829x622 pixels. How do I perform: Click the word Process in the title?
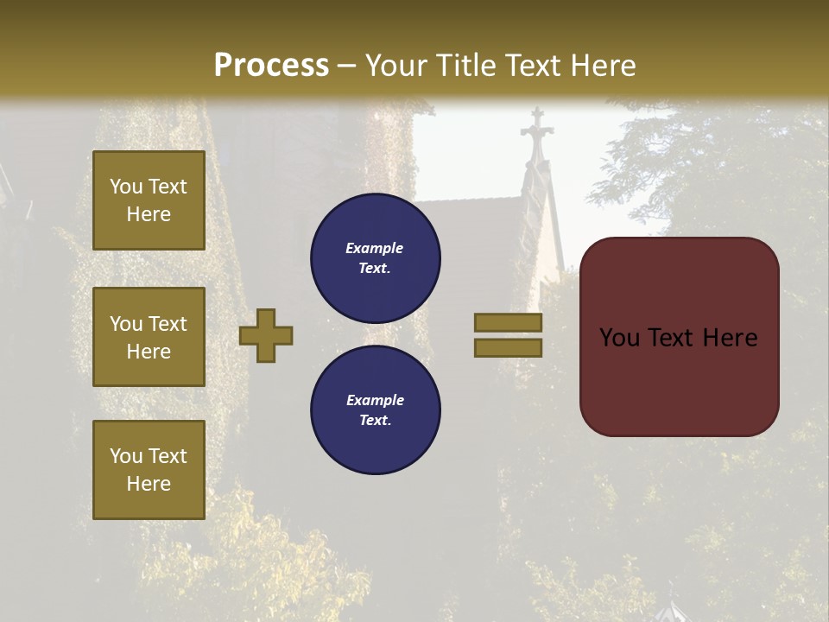(271, 66)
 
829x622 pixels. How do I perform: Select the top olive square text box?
(149, 200)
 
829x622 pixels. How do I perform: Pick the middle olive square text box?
(149, 337)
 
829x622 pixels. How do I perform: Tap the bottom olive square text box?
(149, 470)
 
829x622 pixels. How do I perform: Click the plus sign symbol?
(266, 336)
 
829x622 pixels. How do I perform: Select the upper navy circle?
(375, 258)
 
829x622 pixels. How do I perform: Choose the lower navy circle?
(375, 410)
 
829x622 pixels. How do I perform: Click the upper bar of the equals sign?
(508, 323)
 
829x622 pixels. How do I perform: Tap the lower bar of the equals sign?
(508, 348)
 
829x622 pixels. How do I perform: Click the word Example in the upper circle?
(375, 249)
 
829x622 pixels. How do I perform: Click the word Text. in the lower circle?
(375, 421)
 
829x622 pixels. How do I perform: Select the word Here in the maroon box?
(731, 338)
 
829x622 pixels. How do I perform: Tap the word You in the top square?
(126, 187)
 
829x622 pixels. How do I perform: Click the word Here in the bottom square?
(149, 484)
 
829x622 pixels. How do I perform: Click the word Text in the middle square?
(168, 324)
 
